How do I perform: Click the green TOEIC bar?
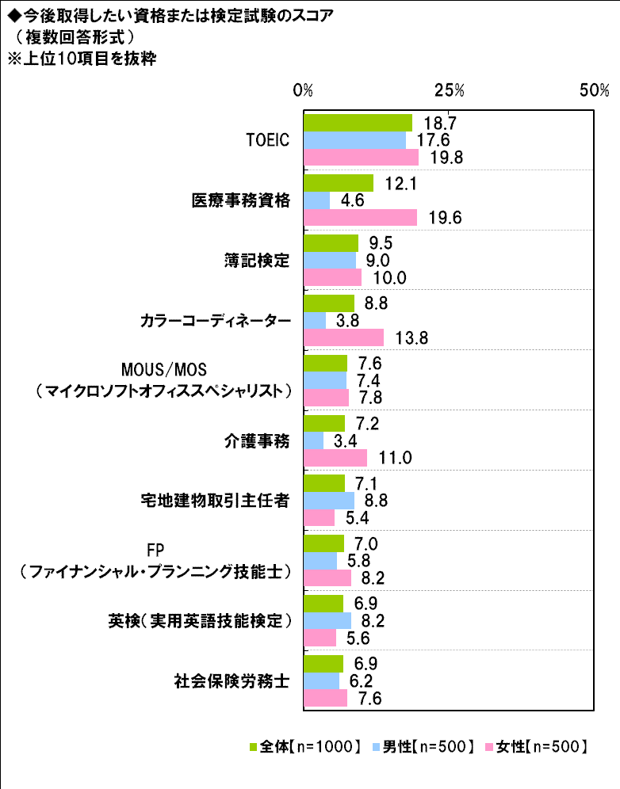[x=358, y=123]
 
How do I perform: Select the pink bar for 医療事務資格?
[x=361, y=217]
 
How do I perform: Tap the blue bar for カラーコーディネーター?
[x=315, y=320]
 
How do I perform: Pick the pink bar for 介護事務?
[x=335, y=458]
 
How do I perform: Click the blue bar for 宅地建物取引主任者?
[x=329, y=501]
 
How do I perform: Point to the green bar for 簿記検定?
[x=331, y=243]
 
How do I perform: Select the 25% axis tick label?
[x=449, y=90]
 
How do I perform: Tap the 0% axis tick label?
[x=303, y=90]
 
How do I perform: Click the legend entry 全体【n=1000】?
[x=305, y=745]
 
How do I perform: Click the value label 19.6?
[x=444, y=218]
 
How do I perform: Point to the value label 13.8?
[x=411, y=338]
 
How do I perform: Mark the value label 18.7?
[x=439, y=123]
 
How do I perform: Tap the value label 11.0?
[x=394, y=459]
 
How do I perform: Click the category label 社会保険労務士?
[x=231, y=680]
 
